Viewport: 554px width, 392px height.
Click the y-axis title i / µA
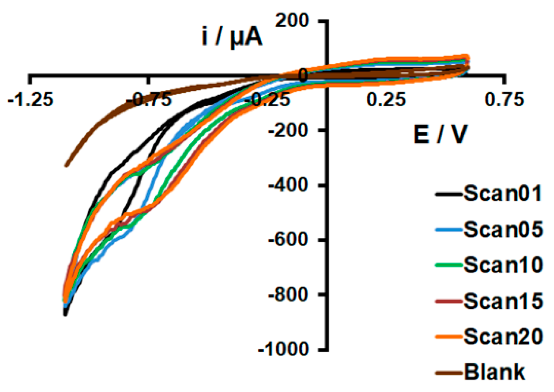coord(232,37)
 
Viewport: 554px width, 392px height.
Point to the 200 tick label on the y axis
coord(292,20)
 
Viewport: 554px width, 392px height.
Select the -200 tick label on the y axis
coord(288,130)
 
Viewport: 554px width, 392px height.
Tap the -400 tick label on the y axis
coord(288,185)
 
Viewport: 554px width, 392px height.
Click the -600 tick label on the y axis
coord(288,240)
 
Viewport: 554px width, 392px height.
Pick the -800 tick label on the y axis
coord(288,294)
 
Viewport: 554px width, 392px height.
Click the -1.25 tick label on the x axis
coord(31,100)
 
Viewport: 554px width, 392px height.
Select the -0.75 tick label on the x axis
coord(149,100)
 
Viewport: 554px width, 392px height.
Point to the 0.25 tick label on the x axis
coord(387,100)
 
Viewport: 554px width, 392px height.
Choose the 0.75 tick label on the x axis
coord(505,100)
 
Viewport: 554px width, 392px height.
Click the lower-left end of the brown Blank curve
coord(66,165)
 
